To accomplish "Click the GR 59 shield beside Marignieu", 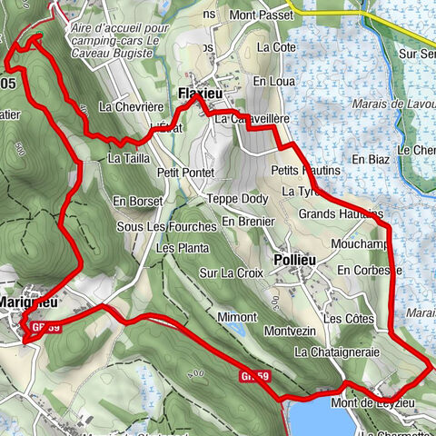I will point(45,326).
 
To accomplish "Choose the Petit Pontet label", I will point(185,172).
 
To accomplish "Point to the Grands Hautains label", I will point(342,214).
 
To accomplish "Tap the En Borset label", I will point(138,200).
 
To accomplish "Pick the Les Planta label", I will point(177,248).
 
